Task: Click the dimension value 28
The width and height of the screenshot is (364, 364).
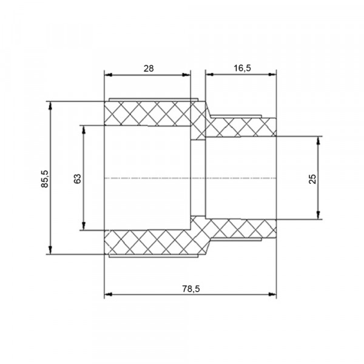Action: click(x=149, y=69)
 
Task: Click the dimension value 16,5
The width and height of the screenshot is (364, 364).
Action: click(x=242, y=68)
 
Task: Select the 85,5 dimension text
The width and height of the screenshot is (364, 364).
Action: click(x=45, y=179)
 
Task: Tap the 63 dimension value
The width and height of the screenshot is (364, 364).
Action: click(x=78, y=178)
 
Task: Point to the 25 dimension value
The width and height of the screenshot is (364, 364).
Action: click(x=312, y=179)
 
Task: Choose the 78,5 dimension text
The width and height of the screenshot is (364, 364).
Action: click(x=191, y=289)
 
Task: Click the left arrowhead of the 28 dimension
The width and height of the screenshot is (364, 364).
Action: click(x=108, y=75)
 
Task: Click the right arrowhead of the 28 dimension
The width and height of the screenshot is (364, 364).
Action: click(x=186, y=75)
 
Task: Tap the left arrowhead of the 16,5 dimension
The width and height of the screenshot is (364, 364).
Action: click(x=209, y=75)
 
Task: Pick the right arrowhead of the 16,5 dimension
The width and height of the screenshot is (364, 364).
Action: click(x=272, y=75)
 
